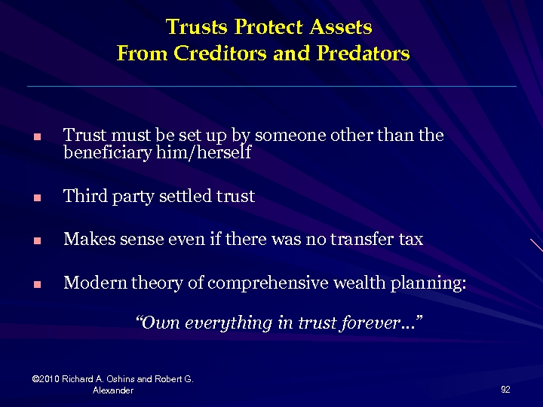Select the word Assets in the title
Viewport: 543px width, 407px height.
pyautogui.click(x=339, y=28)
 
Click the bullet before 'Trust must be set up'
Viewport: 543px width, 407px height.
pyautogui.click(x=35, y=139)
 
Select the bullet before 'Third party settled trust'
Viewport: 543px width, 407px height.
pyautogui.click(x=35, y=199)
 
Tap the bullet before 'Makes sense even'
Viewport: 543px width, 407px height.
pyautogui.click(x=35, y=242)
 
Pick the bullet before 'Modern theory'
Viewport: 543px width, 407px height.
pyautogui.click(x=35, y=286)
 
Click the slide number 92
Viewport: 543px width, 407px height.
pyautogui.click(x=505, y=389)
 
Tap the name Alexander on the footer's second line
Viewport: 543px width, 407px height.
pyautogui.click(x=112, y=390)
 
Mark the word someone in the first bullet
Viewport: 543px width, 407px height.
pyautogui.click(x=283, y=136)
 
